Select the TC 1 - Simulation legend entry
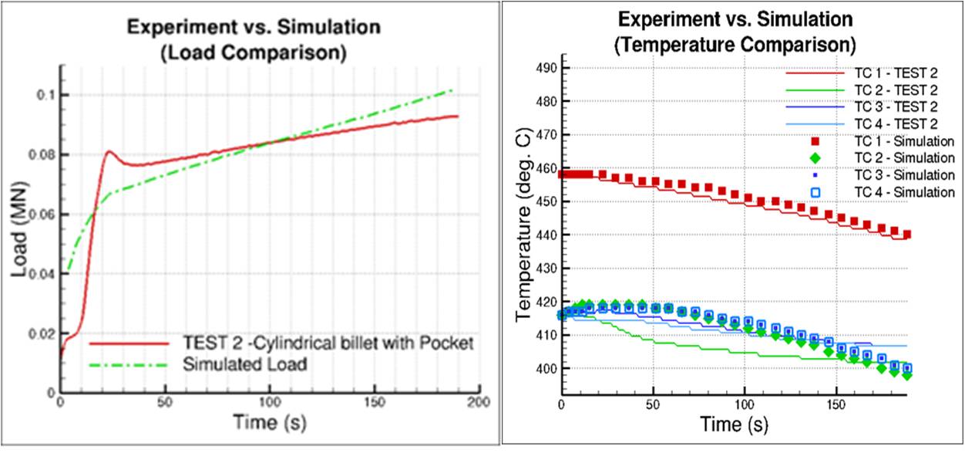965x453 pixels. pyautogui.click(x=904, y=140)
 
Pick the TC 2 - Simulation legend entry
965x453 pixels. pyautogui.click(x=904, y=157)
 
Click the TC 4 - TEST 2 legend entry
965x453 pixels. pyautogui.click(x=897, y=123)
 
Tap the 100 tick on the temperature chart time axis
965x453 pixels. pyautogui.click(x=745, y=405)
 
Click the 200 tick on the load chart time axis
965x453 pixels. pyautogui.click(x=479, y=403)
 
